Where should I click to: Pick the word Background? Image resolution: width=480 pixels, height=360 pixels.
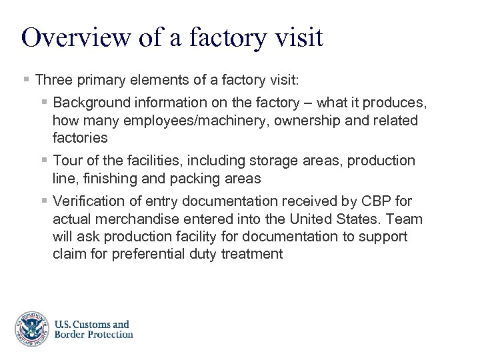click(93, 103)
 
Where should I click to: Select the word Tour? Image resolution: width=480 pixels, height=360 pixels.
click(67, 161)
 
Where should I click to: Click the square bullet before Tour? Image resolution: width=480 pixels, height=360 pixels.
click(43, 161)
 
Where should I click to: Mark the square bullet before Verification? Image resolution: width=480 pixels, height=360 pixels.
click(43, 201)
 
